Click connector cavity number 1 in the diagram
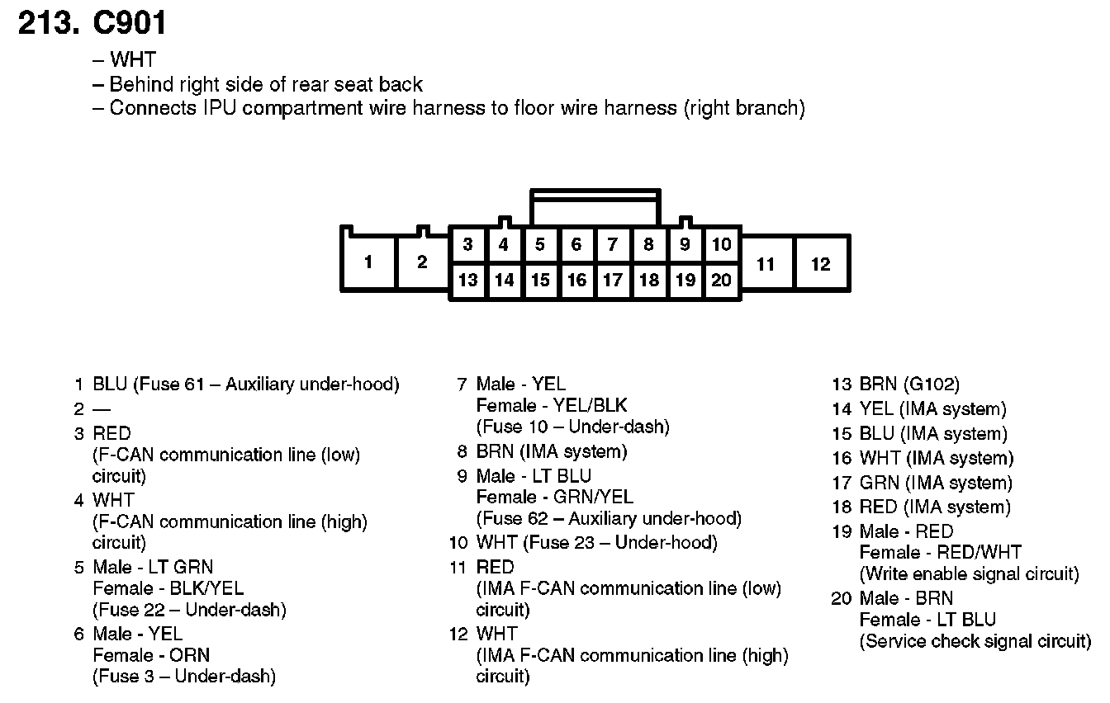coord(368,262)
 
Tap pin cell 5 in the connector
coord(540,244)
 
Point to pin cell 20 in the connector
coord(722,281)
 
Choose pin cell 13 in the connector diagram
coord(467,281)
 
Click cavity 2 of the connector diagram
coord(422,262)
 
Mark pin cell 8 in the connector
coord(649,244)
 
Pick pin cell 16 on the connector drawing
coord(576,281)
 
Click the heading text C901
coord(130,23)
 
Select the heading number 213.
coord(48,23)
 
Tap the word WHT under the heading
coord(132,59)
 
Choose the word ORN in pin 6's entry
coord(192,655)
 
